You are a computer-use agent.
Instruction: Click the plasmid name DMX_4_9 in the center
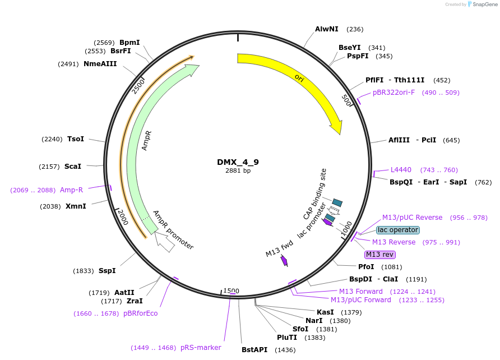(x=238, y=162)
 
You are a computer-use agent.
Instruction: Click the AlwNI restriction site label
(x=327, y=29)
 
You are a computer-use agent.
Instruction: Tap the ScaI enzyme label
(x=73, y=167)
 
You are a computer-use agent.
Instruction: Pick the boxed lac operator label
(x=397, y=230)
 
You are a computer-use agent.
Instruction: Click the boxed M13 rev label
(x=380, y=255)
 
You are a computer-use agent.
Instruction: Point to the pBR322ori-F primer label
(x=394, y=93)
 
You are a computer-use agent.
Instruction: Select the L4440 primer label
(x=401, y=170)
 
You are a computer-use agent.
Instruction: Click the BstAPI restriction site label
(x=254, y=350)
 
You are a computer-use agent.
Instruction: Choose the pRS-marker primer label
(x=201, y=348)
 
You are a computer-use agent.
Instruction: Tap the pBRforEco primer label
(x=140, y=313)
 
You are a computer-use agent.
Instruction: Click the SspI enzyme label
(x=107, y=271)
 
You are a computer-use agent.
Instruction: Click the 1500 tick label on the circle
(x=231, y=290)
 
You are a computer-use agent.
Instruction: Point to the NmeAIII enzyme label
(x=100, y=64)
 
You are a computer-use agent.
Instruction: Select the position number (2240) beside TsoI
(x=52, y=139)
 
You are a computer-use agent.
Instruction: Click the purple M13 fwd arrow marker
(x=284, y=261)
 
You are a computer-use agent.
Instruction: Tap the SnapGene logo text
(x=485, y=4)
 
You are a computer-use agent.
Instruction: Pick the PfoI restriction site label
(x=366, y=266)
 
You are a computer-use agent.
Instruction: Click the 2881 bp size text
(x=238, y=170)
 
